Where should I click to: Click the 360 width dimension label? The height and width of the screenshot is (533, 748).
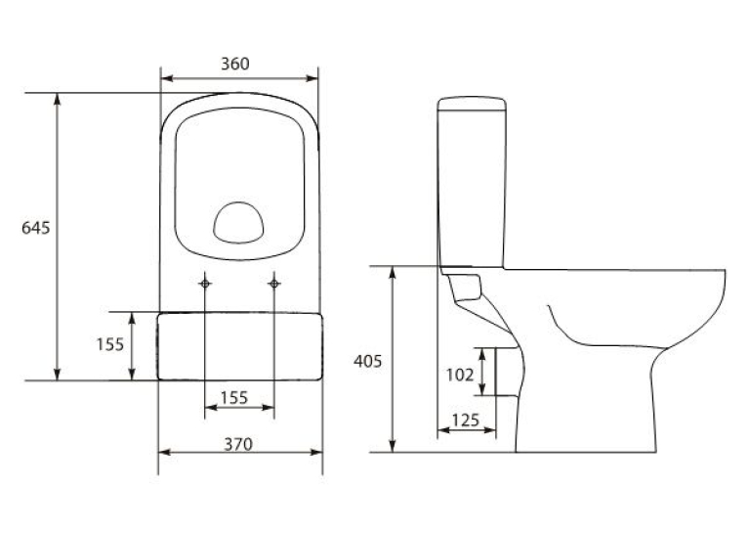[x=235, y=64]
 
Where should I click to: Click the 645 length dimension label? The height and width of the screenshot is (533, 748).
[x=36, y=228]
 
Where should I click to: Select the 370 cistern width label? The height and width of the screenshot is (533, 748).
[x=238, y=444]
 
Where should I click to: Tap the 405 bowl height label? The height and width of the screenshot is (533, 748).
[x=368, y=361]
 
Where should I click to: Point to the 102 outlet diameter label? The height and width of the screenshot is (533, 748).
[x=460, y=375]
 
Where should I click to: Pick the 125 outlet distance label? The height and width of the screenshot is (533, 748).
[x=466, y=420]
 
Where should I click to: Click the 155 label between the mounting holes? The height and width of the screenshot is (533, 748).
[x=234, y=397]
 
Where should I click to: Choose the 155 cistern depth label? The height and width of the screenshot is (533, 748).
[x=110, y=344]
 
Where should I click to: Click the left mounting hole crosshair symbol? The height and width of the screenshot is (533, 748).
[x=205, y=284]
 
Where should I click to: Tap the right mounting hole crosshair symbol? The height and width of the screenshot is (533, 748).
[x=273, y=284]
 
